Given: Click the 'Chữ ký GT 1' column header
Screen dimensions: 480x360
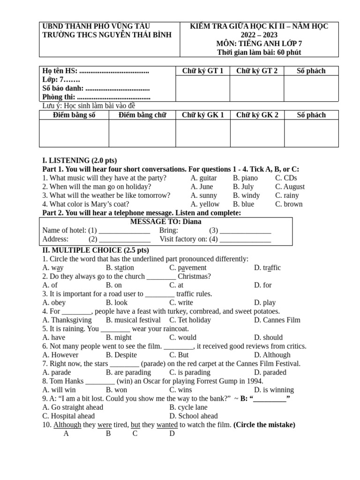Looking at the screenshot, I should click(202, 71).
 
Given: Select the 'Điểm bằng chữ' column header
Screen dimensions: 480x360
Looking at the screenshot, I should click(142, 115).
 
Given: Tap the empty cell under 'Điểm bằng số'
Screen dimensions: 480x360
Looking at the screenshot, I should click(74, 133).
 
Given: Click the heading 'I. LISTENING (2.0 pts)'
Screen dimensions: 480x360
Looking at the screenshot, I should click(80, 160).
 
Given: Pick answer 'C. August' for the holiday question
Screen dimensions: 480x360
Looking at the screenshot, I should click(290, 187).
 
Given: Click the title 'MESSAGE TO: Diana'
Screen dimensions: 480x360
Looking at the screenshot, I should click(165, 222).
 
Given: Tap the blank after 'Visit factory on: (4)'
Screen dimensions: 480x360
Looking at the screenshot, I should click(245, 239).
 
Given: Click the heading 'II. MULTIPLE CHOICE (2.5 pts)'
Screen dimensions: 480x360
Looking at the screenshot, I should click(96, 250).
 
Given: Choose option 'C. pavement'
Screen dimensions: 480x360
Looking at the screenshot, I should click(188, 268).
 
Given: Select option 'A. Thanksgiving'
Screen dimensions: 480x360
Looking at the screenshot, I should click(67, 320).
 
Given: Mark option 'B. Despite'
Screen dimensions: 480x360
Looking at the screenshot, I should click(121, 355).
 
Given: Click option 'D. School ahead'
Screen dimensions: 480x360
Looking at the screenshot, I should click(194, 416).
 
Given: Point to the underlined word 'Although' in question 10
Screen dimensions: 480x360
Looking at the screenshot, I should click(67, 425).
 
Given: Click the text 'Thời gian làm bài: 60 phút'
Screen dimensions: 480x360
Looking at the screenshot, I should click(259, 52).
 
